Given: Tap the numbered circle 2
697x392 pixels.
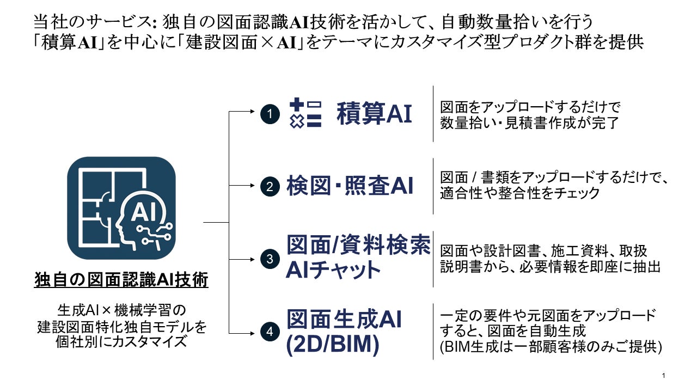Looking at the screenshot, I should (x=270, y=187).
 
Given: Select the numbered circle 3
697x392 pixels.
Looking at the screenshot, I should (x=270, y=259).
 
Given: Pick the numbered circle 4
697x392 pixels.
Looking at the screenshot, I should (x=270, y=332).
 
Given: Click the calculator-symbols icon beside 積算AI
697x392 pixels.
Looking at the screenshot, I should (x=305, y=113).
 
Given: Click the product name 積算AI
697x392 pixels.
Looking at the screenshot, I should (x=374, y=114).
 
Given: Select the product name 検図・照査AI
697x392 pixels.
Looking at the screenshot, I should (x=350, y=186).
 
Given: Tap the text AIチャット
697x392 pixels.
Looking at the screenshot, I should (x=333, y=270).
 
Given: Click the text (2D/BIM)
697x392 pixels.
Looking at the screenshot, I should (x=333, y=345).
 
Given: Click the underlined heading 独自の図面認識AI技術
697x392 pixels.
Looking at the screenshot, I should (x=121, y=280).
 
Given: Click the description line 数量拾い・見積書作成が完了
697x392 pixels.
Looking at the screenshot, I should (x=529, y=122).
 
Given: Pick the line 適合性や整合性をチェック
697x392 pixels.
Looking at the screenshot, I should (x=520, y=193).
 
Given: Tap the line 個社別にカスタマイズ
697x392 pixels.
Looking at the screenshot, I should (x=121, y=342).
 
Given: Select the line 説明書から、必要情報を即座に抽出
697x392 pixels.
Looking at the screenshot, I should (x=551, y=267).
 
